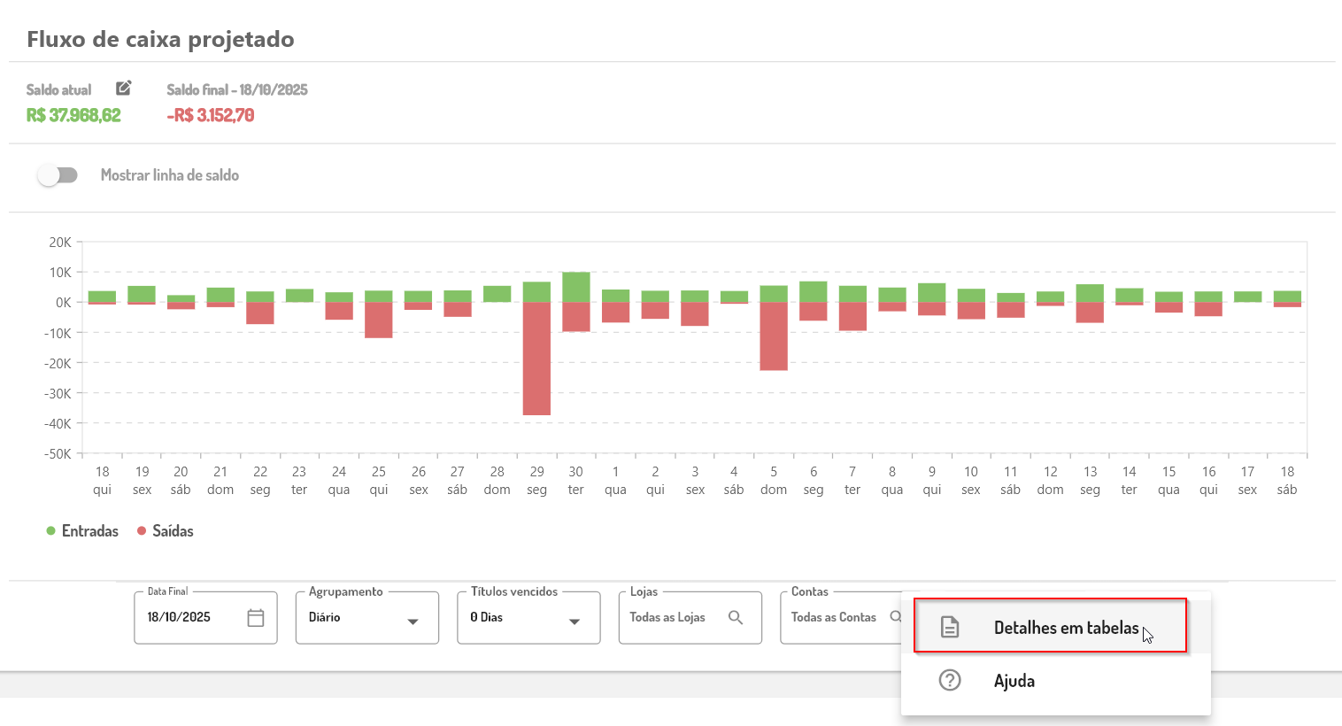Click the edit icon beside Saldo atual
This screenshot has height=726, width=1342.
pos(124,88)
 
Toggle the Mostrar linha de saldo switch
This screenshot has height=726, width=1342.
pos(58,175)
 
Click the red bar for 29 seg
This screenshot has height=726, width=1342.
pos(536,359)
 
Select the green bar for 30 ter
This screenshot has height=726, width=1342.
pos(576,287)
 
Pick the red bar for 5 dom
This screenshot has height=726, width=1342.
pos(774,336)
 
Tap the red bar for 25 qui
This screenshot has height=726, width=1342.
pos(379,320)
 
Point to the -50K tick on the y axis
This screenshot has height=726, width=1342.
pos(59,454)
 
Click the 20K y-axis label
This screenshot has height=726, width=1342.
pos(60,243)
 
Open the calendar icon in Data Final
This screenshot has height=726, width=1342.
pos(256,618)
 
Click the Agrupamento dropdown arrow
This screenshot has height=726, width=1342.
pos(413,622)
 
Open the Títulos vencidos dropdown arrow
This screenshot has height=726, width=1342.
pos(575,622)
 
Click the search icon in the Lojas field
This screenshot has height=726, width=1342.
pos(736,617)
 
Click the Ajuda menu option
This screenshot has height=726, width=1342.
pos(1014,681)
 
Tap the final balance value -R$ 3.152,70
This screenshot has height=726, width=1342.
pos(211,116)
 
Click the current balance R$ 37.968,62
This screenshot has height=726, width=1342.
pos(73,116)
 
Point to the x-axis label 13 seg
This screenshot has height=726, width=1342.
pos(1090,481)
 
